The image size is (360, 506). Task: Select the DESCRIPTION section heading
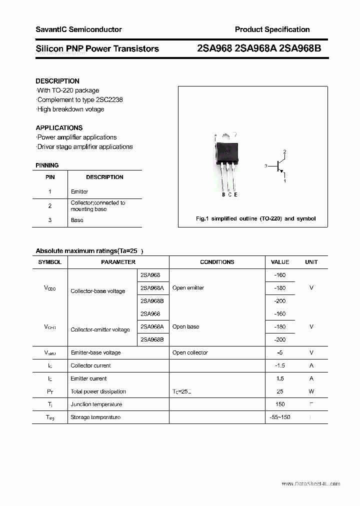click(x=57, y=81)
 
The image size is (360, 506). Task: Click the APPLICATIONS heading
click(x=59, y=127)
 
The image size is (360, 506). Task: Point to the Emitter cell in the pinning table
click(x=79, y=191)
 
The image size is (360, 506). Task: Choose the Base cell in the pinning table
click(x=77, y=220)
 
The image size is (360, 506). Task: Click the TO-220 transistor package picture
click(x=226, y=160)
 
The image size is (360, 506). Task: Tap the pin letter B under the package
click(x=223, y=194)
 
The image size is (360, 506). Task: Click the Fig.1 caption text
click(x=255, y=218)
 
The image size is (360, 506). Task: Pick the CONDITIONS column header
click(x=217, y=262)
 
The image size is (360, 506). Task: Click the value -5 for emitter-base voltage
click(x=279, y=352)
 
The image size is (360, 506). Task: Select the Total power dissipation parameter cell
click(x=98, y=391)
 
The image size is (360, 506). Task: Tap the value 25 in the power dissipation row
click(x=280, y=391)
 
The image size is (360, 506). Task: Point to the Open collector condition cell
click(x=190, y=352)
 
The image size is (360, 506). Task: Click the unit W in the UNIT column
click(x=311, y=391)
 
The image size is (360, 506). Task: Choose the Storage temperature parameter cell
click(x=95, y=417)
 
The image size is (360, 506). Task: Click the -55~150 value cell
click(x=279, y=417)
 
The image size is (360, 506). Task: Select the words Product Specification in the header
click(x=272, y=29)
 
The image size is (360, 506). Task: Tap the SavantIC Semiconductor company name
click(x=78, y=29)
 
